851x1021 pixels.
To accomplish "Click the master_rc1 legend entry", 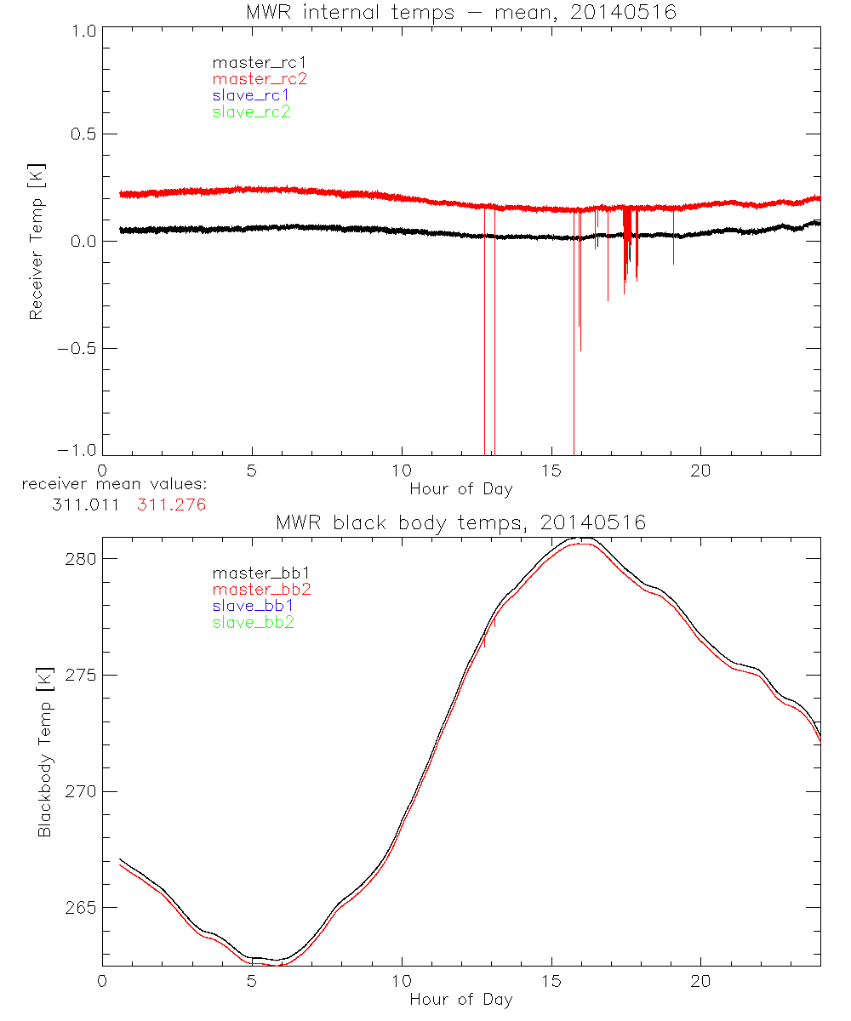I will [x=251, y=62].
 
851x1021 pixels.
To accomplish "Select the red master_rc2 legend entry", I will [x=260, y=79].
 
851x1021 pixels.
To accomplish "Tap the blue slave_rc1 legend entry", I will [x=251, y=95].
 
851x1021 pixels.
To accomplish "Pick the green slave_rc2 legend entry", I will [x=251, y=111].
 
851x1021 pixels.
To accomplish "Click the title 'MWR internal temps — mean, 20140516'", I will [x=460, y=13].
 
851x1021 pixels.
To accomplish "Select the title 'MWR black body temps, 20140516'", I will [x=460, y=522].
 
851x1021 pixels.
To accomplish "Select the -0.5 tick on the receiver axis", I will [x=76, y=348].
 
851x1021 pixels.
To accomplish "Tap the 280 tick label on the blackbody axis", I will [x=82, y=558].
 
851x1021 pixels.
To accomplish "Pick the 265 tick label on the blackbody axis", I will [x=82, y=908].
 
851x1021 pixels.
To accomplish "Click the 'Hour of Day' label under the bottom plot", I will [x=460, y=999].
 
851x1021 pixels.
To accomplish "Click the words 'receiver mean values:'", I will [x=115, y=485].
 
